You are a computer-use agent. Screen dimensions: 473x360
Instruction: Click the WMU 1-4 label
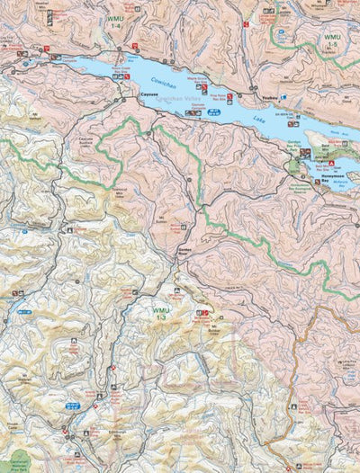pyautogui.click(x=113, y=22)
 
